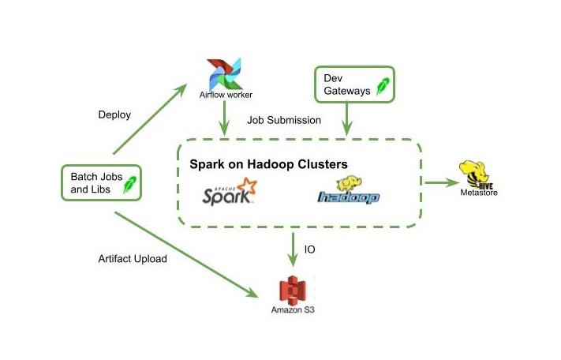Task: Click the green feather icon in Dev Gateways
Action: [x=383, y=86]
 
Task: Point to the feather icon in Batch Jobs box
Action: [x=129, y=186]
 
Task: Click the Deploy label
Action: [x=114, y=114]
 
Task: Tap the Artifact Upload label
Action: [x=133, y=258]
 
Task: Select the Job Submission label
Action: [x=284, y=121]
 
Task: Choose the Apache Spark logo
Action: [x=230, y=192]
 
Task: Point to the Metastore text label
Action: [x=479, y=192]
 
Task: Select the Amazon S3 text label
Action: [x=294, y=309]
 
